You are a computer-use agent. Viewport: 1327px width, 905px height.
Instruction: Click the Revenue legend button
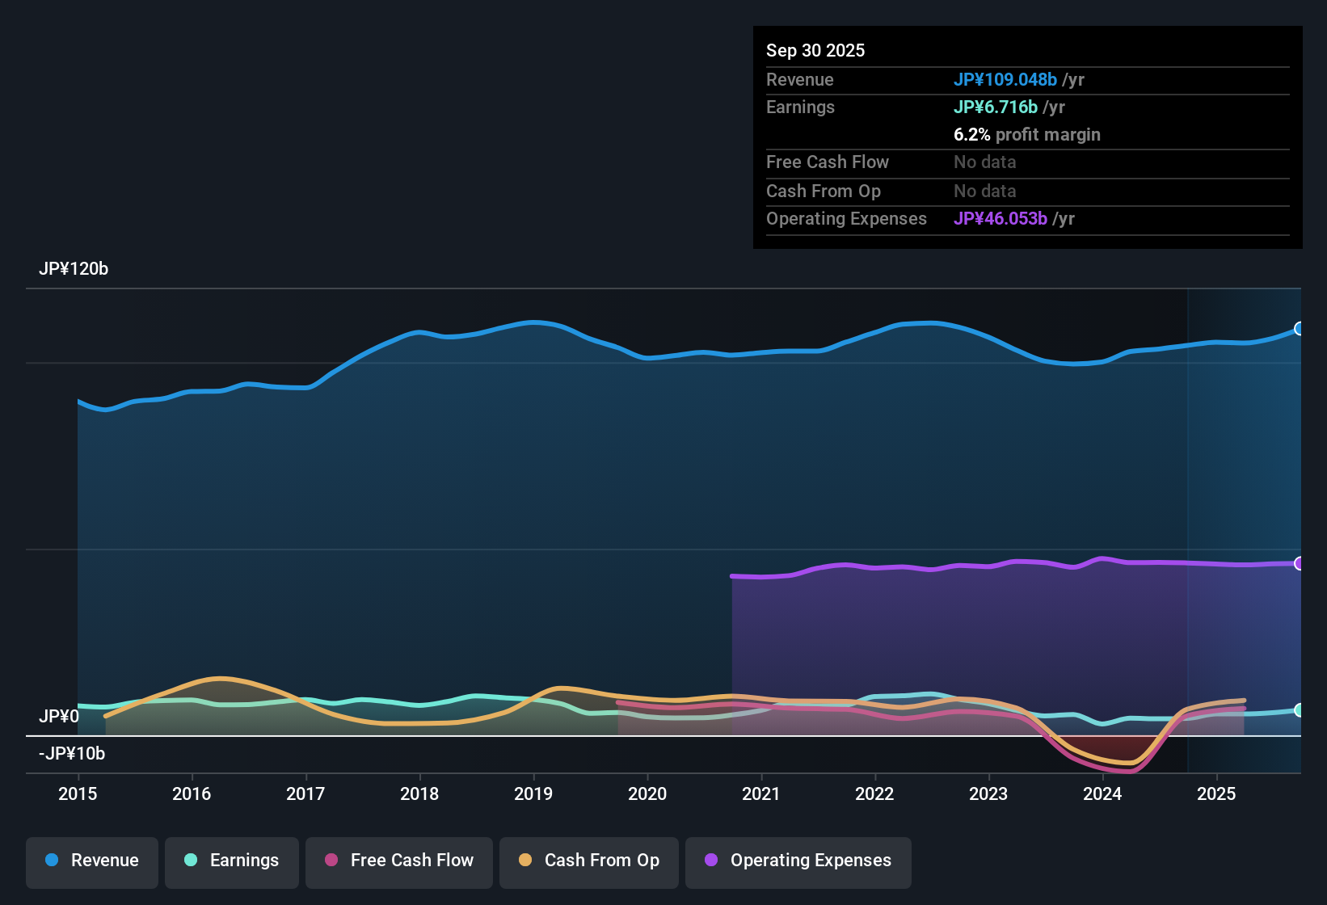(x=92, y=861)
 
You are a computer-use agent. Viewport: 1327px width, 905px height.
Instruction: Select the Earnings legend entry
(x=232, y=861)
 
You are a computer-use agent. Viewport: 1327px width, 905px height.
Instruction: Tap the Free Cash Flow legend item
(x=399, y=861)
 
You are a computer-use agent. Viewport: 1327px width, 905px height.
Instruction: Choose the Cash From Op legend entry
(x=589, y=861)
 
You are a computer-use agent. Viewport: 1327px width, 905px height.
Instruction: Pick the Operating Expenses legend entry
(x=798, y=861)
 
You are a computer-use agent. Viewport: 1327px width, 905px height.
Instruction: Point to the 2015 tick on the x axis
(x=78, y=793)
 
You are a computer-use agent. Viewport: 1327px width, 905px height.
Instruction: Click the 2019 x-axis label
(x=533, y=793)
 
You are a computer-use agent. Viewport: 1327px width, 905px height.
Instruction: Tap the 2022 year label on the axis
(x=874, y=793)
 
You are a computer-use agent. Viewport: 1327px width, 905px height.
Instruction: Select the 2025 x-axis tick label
(x=1216, y=793)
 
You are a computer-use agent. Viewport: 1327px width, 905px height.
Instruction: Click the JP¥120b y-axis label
(x=74, y=269)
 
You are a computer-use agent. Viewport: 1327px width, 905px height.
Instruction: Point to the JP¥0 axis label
(x=59, y=717)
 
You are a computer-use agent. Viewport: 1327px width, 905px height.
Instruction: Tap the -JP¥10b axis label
(x=72, y=754)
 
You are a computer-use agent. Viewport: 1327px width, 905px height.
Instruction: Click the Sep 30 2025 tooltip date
(x=815, y=50)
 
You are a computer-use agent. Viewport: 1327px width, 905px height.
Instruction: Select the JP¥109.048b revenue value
(x=1005, y=79)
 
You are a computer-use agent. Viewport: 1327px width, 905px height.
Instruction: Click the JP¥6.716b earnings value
(x=996, y=107)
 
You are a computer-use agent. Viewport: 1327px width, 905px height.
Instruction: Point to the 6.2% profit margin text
(x=1027, y=134)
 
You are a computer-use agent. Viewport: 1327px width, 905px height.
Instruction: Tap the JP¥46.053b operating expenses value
(x=1001, y=218)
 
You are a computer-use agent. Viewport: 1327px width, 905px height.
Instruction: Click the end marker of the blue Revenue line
(x=1300, y=329)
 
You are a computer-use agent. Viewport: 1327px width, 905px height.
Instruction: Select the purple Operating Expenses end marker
(x=1300, y=563)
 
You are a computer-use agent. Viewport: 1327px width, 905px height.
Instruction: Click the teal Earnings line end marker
(x=1300, y=710)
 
